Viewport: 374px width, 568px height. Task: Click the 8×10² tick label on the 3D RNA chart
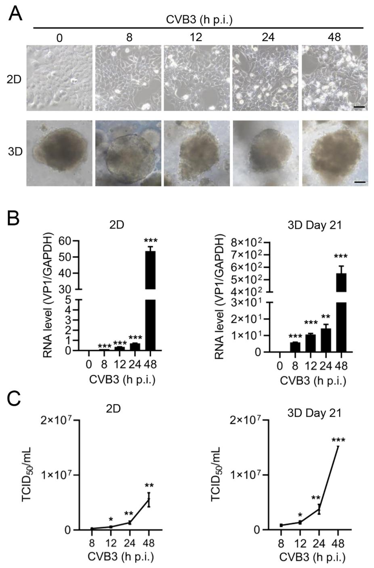(247, 242)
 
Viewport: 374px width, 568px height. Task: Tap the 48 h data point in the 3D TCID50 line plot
(337, 446)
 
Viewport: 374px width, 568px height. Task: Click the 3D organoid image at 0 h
(59, 153)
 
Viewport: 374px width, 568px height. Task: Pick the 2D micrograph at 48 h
(334, 78)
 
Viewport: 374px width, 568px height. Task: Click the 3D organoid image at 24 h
(266, 153)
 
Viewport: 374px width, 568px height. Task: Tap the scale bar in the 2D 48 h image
(361, 107)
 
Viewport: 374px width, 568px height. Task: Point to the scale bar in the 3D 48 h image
(361, 182)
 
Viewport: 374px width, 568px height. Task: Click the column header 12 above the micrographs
(196, 38)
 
